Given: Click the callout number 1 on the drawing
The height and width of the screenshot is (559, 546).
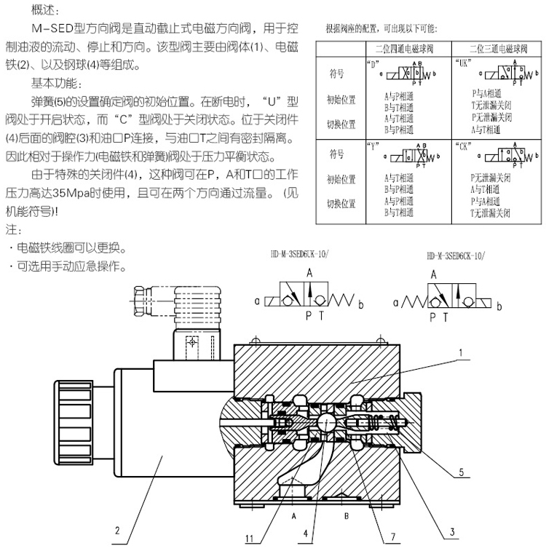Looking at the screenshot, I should [461, 356].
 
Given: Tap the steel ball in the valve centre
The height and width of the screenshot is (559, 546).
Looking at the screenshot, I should [326, 425].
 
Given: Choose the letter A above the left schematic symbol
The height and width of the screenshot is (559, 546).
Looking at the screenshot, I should [309, 274].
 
